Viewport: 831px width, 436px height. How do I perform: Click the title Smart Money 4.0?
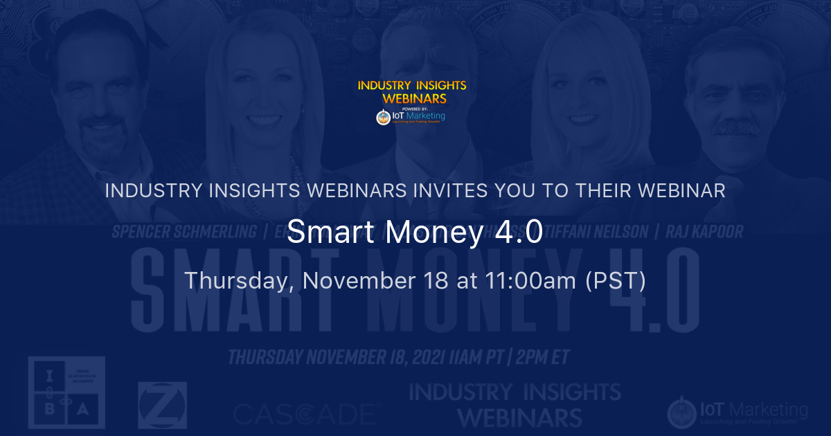[415, 233]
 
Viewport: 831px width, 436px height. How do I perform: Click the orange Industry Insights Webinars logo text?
[412, 92]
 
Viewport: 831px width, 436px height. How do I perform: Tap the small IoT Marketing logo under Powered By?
[411, 117]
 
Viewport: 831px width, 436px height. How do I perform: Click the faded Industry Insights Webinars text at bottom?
[495, 405]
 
